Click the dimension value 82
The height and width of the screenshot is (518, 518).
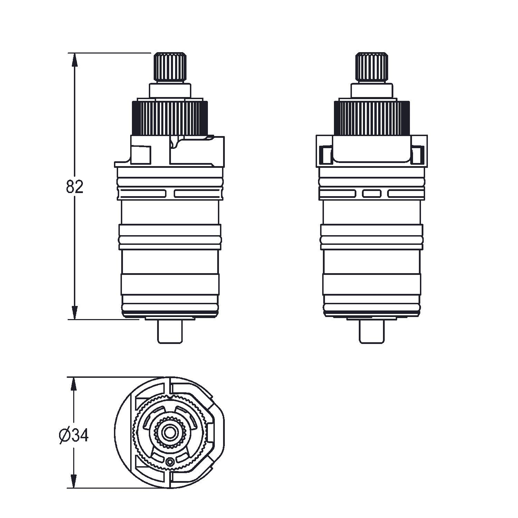click(75, 187)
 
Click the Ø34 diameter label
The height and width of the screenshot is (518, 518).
click(74, 436)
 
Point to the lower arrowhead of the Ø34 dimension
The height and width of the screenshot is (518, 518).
click(73, 481)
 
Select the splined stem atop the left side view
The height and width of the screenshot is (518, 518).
click(170, 68)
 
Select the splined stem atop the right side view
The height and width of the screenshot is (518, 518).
click(372, 68)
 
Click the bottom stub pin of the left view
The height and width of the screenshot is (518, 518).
click(170, 332)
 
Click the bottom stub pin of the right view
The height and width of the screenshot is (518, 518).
click(372, 332)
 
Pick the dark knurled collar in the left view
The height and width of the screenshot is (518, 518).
click(170, 117)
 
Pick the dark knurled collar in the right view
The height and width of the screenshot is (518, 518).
click(372, 117)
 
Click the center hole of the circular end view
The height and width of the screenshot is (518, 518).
click(169, 432)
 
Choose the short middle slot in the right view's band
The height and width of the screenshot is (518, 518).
click(372, 194)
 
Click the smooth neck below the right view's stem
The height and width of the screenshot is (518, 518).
click(372, 90)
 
